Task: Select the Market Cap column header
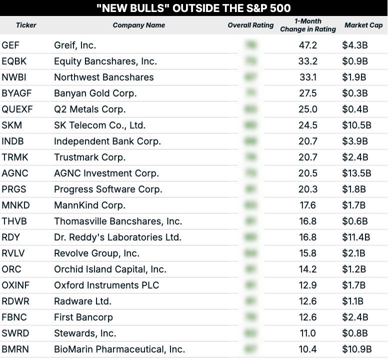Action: click(x=363, y=25)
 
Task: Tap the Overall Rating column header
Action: click(x=250, y=25)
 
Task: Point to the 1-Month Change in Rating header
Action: click(x=308, y=25)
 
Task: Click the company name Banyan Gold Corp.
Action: click(x=95, y=93)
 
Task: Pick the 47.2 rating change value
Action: click(x=308, y=45)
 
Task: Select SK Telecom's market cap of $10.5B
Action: click(x=356, y=125)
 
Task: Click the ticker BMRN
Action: click(x=15, y=349)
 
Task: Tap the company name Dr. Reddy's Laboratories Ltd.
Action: click(x=117, y=237)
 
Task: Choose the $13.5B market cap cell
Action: click(x=356, y=173)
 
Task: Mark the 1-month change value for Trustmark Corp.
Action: click(x=308, y=157)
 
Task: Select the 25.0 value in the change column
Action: click(x=308, y=109)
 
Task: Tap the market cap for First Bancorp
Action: click(x=355, y=317)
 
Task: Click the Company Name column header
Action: click(x=138, y=25)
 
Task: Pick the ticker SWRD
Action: click(x=14, y=333)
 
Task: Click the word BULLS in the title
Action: click(x=149, y=8)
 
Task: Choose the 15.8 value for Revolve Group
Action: click(x=308, y=253)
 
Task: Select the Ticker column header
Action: click(x=26, y=25)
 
